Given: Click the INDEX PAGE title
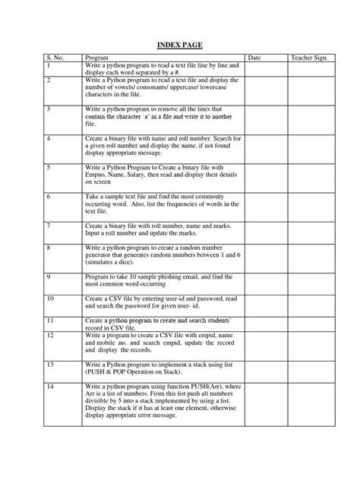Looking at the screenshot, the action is (x=179, y=44).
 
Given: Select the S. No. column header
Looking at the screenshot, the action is (x=55, y=58).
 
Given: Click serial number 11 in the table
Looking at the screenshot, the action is (x=50, y=322).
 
